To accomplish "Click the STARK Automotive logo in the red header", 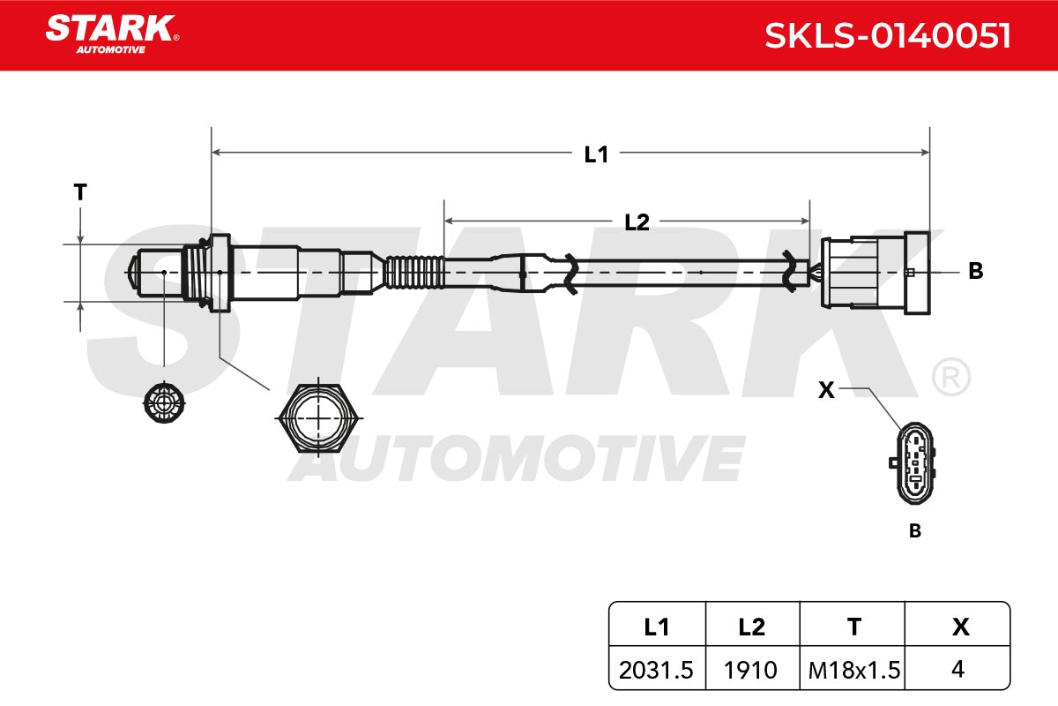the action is [112, 34].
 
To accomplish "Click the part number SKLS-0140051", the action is [888, 36].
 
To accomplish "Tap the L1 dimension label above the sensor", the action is [596, 154].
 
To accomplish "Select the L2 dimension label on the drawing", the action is [637, 222].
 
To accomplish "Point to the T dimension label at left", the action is [80, 192].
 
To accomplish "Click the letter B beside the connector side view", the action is [976, 271].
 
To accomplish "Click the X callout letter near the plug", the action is [827, 390].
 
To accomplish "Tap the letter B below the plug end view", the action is [915, 530].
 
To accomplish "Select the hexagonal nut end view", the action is [319, 418].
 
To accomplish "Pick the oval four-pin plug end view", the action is [914, 463].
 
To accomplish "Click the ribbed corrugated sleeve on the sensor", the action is [414, 272].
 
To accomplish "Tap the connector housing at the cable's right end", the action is [875, 273].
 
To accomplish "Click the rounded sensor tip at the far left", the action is [134, 273].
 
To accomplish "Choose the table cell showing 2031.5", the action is [656, 670].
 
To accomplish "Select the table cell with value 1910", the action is [750, 670].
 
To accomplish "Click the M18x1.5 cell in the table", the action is [854, 670].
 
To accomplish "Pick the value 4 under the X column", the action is [957, 669].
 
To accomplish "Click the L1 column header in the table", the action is [657, 627].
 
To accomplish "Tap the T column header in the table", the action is [854, 627].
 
